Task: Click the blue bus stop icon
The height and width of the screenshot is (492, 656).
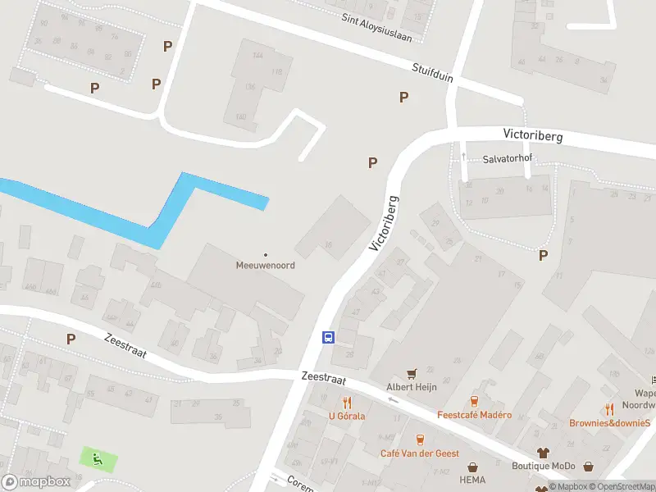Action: (328, 337)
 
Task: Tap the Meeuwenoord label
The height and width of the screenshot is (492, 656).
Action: (265, 266)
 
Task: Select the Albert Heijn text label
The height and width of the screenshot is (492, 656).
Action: (410, 387)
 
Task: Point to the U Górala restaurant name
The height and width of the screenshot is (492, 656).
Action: (347, 416)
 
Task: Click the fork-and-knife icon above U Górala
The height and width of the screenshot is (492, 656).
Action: (347, 402)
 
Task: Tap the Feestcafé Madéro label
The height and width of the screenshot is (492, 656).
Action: (474, 415)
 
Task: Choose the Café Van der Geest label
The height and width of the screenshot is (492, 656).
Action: (419, 453)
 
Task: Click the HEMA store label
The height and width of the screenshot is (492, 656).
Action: (472, 480)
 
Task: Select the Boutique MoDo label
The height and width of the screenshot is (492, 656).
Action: (542, 466)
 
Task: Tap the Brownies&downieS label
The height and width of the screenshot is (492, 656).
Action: (610, 423)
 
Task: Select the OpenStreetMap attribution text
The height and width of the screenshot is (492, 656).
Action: (623, 487)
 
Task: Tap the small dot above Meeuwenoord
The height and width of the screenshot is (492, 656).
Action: (265, 254)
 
